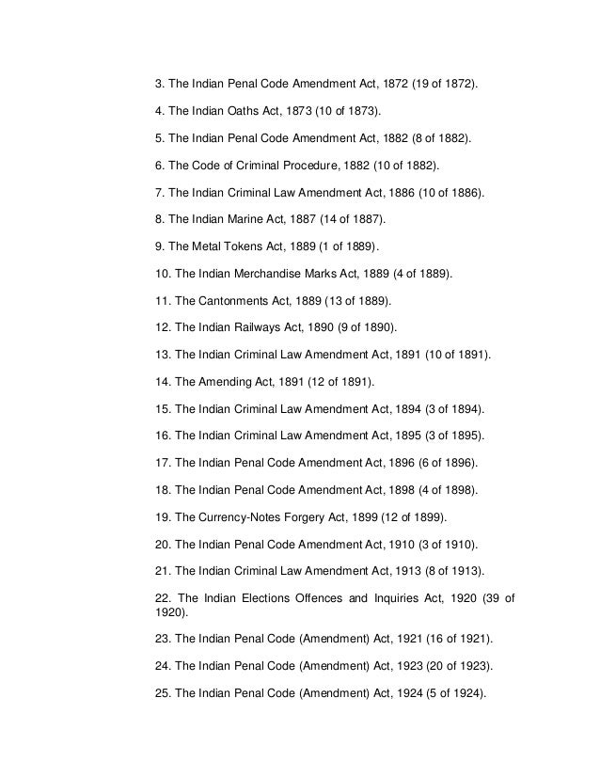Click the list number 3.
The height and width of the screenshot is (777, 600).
pos(159,84)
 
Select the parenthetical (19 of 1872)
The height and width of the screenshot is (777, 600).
pos(441,84)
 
